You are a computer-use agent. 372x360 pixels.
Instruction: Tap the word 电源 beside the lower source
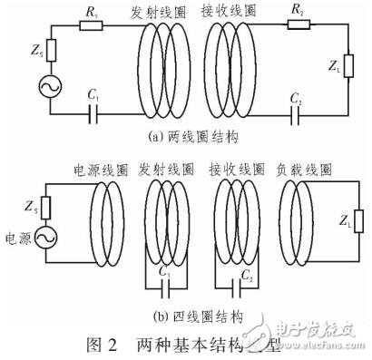tap(16, 238)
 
